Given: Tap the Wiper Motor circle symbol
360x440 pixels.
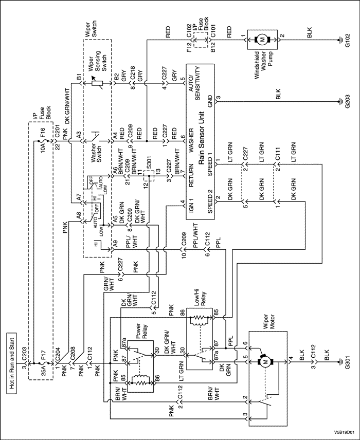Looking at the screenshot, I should coord(266,361).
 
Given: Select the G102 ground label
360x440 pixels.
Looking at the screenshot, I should coord(348,39).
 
